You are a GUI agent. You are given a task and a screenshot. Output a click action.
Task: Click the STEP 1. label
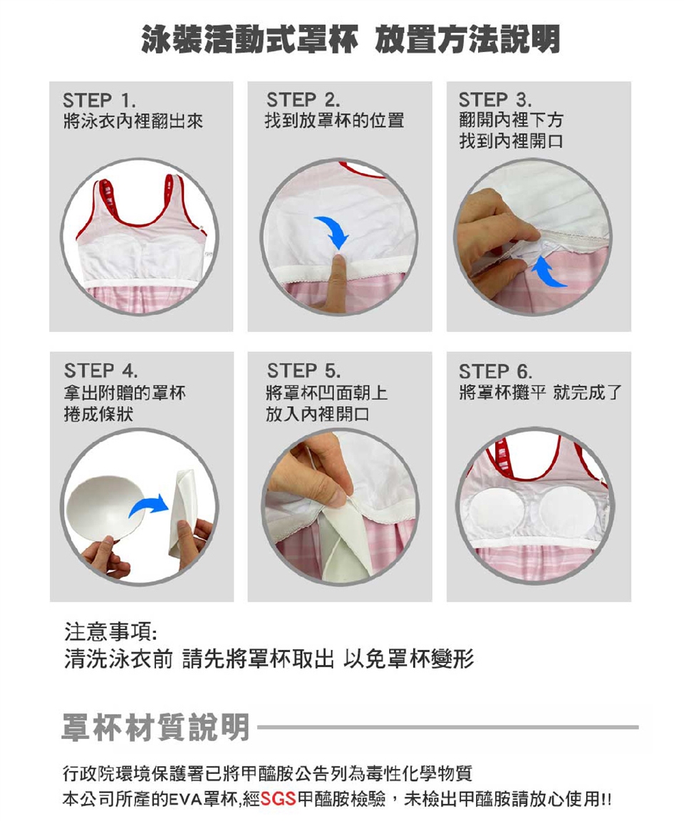tap(100, 100)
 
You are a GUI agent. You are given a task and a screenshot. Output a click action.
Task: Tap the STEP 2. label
tap(303, 99)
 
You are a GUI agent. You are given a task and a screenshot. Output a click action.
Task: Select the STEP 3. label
tap(495, 99)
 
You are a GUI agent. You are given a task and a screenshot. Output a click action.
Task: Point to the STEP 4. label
tap(101, 371)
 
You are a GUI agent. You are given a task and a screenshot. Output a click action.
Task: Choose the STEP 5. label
tap(304, 371)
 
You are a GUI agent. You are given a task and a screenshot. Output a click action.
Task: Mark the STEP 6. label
tap(496, 371)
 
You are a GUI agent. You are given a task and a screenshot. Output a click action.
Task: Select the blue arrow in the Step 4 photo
tap(149, 505)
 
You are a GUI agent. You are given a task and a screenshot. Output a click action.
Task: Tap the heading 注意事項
tap(110, 632)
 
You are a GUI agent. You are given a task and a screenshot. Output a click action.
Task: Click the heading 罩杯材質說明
tap(155, 727)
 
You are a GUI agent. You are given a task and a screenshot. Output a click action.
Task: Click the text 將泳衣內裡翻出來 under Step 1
tap(133, 121)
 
